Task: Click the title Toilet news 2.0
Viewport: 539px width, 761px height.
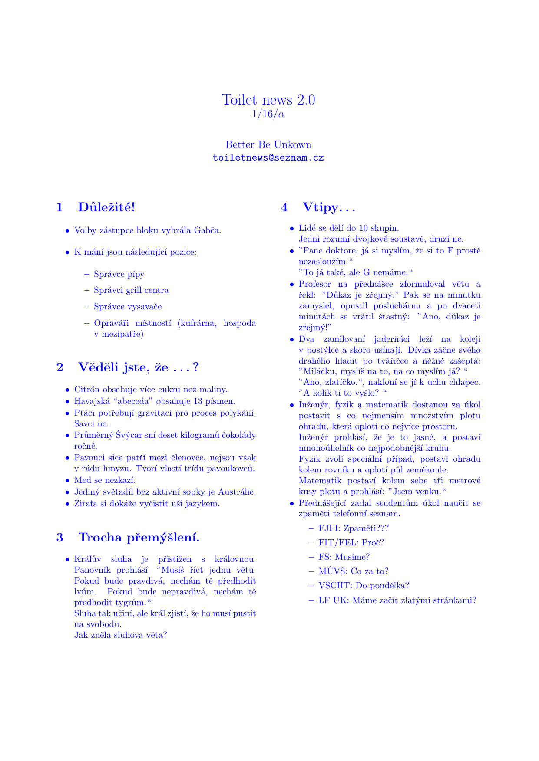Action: (x=268, y=100)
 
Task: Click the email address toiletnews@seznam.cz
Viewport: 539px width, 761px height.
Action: (x=268, y=157)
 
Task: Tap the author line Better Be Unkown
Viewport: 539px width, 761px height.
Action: (x=268, y=144)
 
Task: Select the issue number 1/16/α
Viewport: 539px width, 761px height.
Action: (x=268, y=114)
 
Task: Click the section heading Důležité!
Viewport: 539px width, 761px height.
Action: (x=106, y=207)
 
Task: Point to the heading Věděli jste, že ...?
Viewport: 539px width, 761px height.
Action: (x=138, y=367)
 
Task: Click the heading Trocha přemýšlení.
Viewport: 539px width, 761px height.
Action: (x=139, y=537)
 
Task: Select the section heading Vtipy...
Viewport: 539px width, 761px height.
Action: (x=329, y=207)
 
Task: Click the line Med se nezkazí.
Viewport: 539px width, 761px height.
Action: (x=105, y=480)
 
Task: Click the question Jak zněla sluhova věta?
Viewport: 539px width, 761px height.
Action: (x=120, y=635)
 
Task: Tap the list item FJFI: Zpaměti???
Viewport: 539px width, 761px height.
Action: (x=353, y=528)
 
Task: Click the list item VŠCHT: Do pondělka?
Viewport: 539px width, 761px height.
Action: (x=364, y=585)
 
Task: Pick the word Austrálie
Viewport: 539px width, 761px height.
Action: (x=236, y=492)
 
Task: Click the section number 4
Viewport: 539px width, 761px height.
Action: (x=284, y=207)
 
